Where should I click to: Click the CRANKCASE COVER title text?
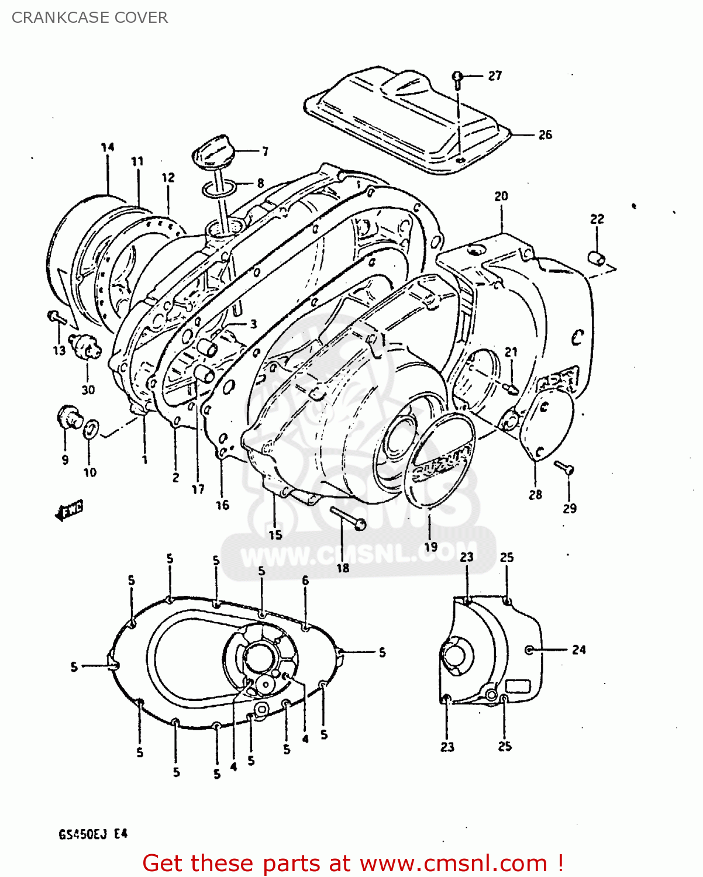[89, 18]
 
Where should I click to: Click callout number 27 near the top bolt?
[495, 75]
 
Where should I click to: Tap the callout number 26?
[545, 134]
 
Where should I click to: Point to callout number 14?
[108, 147]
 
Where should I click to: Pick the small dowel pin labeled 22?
[597, 257]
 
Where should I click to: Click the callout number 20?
[501, 196]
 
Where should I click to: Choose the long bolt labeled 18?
[348, 519]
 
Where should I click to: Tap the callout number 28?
[535, 495]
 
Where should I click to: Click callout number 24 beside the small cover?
[578, 650]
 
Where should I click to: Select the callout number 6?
[305, 581]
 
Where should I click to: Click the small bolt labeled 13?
[56, 317]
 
